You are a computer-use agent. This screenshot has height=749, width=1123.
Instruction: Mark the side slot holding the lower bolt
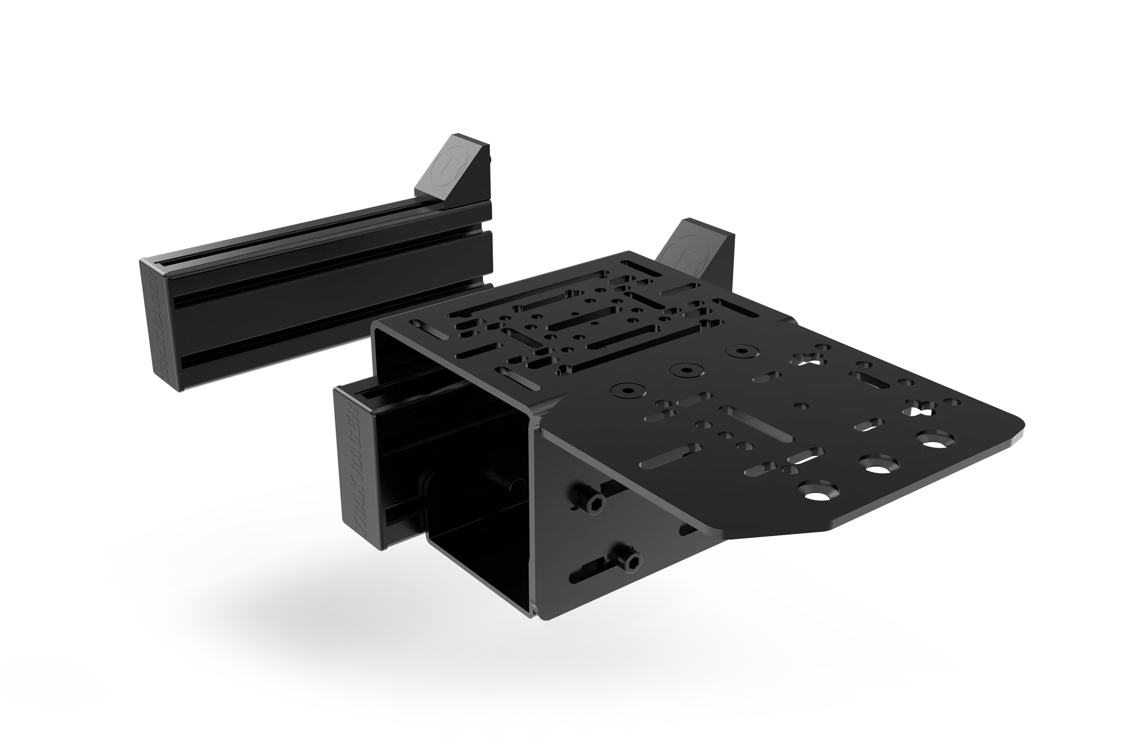(603, 568)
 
